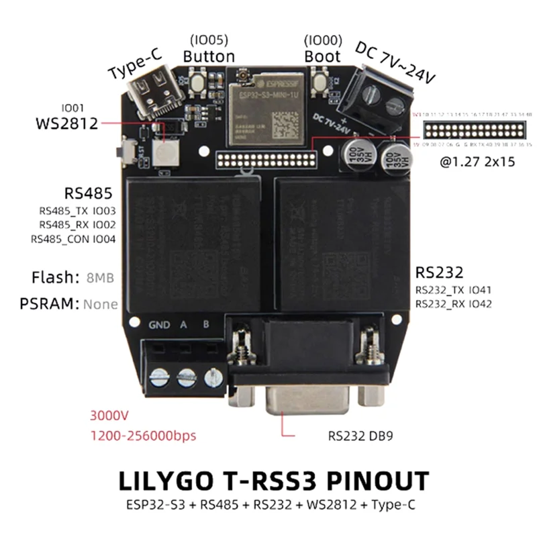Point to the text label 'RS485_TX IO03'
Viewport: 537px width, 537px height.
coord(78,211)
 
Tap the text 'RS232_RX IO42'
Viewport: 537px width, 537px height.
coord(454,304)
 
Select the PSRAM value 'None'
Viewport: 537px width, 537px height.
coord(101,304)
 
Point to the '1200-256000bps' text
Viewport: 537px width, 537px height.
coord(143,436)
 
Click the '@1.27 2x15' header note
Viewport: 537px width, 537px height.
coord(472,162)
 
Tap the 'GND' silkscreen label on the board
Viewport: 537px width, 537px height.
coord(159,326)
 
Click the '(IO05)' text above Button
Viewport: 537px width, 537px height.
coord(209,39)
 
